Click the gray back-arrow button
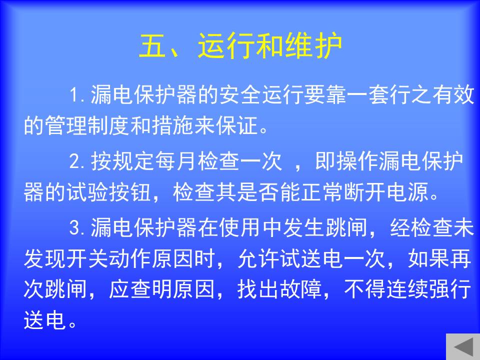[x=463, y=346]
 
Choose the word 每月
[x=176, y=161]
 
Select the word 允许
[x=258, y=258]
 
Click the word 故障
[x=301, y=289]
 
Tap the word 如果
[x=429, y=258]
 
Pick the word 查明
[x=152, y=289]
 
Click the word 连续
[x=408, y=289]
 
